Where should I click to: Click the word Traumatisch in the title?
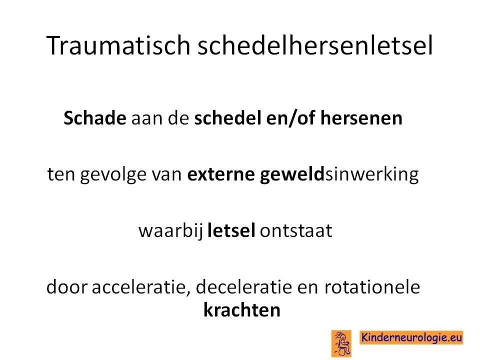118,45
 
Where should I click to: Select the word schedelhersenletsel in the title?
315,45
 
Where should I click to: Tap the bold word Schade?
95,118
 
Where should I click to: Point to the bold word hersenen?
361,118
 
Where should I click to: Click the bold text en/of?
291,118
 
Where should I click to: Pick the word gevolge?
113,175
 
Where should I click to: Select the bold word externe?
221,174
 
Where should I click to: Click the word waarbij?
171,231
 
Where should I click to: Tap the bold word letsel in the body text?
231,230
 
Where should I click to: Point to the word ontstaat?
295,231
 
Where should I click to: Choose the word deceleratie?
244,287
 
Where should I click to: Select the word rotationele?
372,287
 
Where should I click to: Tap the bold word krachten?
242,310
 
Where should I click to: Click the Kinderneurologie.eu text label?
411,337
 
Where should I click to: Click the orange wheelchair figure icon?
341,343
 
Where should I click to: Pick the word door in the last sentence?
66,287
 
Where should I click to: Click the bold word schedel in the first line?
228,118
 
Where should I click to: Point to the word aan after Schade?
146,119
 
